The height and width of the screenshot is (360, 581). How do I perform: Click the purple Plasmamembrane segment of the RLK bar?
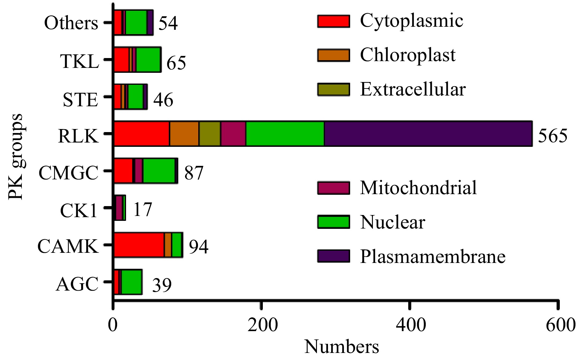[x=428, y=134]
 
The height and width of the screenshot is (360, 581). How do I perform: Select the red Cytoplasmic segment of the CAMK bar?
[x=139, y=245]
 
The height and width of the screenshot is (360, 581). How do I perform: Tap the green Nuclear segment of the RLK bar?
[x=285, y=134]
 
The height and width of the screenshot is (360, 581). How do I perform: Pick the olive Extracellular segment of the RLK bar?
[x=210, y=134]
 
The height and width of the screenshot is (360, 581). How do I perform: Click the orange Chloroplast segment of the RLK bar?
[x=184, y=134]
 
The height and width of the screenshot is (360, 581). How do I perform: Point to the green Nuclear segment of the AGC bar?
[x=132, y=282]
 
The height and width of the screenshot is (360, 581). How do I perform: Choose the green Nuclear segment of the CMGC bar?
[x=159, y=171]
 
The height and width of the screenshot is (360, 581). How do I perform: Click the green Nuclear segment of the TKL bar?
[x=148, y=60]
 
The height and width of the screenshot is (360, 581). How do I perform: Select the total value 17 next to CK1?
[x=143, y=209]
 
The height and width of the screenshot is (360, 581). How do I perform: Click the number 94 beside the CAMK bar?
[x=199, y=246]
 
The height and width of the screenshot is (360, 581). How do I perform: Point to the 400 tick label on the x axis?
[x=410, y=325]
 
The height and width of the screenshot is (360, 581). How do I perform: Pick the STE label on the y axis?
[x=80, y=100]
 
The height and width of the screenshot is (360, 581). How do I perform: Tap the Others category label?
[x=71, y=23]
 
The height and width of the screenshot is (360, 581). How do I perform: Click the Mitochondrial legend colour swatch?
[x=334, y=188]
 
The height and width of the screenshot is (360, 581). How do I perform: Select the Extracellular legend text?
[x=413, y=89]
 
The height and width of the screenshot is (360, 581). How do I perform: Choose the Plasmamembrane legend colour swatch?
[x=334, y=256]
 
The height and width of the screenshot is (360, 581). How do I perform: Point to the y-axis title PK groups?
[x=15, y=157]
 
